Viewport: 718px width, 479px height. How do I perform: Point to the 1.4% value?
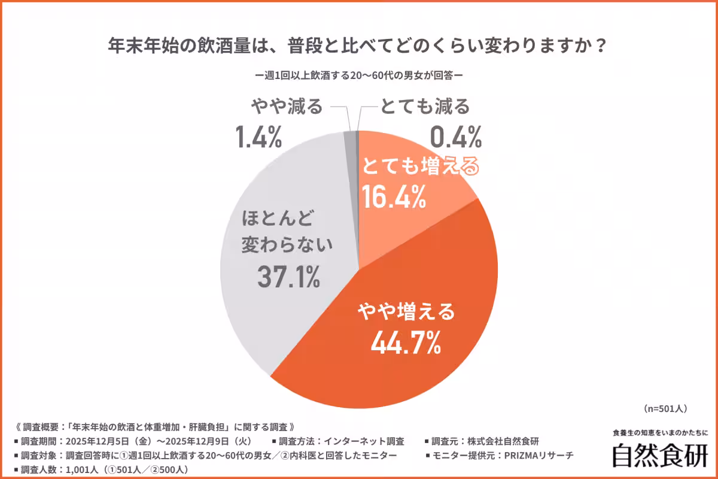[258, 137]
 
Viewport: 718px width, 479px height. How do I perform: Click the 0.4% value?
[456, 137]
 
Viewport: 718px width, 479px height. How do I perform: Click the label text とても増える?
[420, 168]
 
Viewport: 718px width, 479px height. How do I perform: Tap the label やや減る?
[286, 108]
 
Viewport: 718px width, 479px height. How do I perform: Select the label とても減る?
[424, 108]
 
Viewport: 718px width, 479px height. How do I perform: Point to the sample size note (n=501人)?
[665, 409]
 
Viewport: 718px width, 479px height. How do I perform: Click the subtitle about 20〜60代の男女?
[359, 76]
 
